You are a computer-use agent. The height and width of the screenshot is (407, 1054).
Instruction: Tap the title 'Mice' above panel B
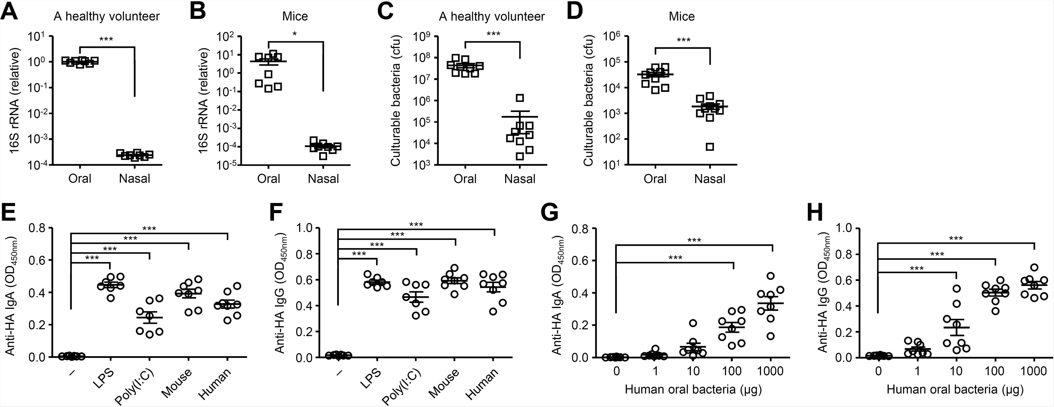[295, 16]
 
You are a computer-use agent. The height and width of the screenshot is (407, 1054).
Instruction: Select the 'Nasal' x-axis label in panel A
[135, 179]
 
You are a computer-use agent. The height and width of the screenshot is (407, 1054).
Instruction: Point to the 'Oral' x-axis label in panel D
[655, 179]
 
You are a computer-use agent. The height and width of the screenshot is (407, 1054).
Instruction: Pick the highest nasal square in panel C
[520, 98]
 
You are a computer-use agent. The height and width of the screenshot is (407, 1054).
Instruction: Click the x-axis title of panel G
[693, 389]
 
